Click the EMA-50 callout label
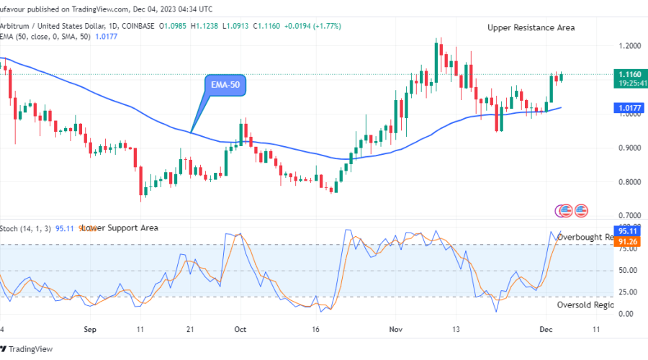click(225, 85)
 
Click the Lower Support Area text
click(119, 228)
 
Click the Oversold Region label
click(585, 305)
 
